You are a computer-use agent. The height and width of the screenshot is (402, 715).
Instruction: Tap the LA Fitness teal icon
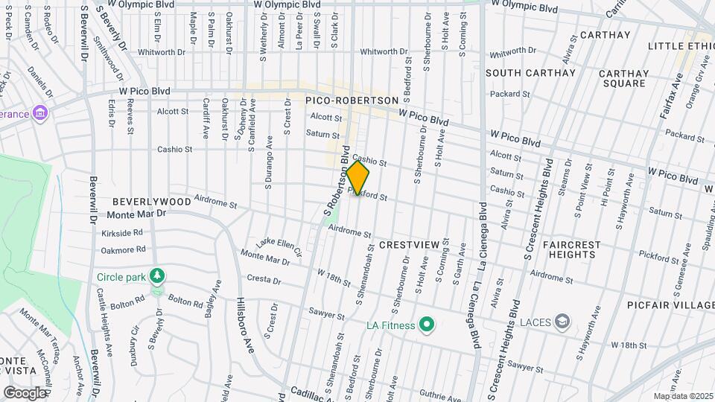[426, 325]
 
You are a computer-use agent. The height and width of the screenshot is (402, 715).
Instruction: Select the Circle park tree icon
[156, 277]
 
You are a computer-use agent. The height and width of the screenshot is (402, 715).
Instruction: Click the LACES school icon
[564, 321]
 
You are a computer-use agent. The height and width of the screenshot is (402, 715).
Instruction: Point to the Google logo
[25, 392]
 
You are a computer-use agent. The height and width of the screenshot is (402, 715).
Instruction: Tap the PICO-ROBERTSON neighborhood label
[352, 100]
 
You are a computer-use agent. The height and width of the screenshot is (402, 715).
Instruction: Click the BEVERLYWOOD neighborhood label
[151, 202]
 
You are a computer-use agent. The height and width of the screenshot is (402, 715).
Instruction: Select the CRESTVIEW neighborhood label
[410, 244]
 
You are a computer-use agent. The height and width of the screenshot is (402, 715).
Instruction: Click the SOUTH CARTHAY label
[531, 73]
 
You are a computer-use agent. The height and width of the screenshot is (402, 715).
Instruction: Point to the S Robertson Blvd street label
[337, 182]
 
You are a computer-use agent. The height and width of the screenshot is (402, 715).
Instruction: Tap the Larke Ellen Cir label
[279, 246]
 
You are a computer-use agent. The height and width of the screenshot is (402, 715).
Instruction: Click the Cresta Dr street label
[266, 280]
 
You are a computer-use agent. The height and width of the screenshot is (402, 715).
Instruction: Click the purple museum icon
[41, 114]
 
